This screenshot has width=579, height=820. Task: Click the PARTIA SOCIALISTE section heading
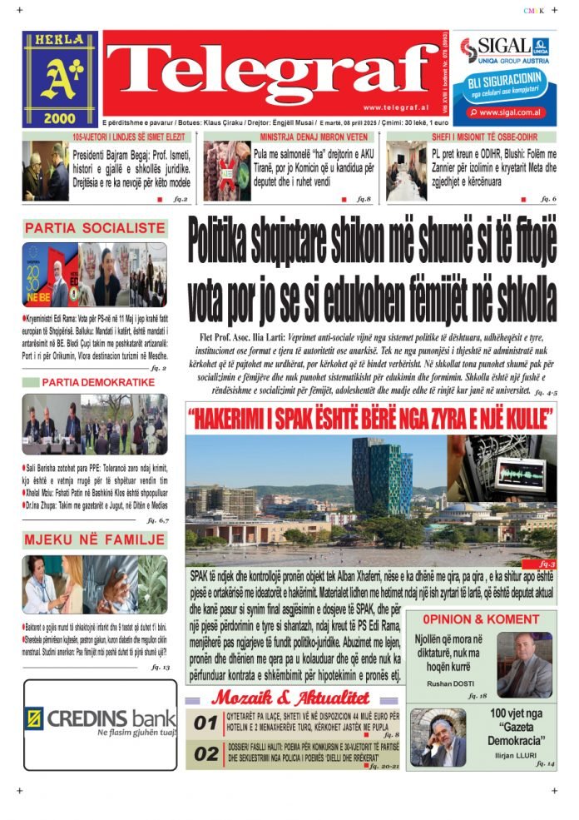tap(94, 227)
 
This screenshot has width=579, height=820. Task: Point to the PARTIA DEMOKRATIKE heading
tap(98, 382)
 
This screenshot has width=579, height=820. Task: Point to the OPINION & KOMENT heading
tap(480, 619)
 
